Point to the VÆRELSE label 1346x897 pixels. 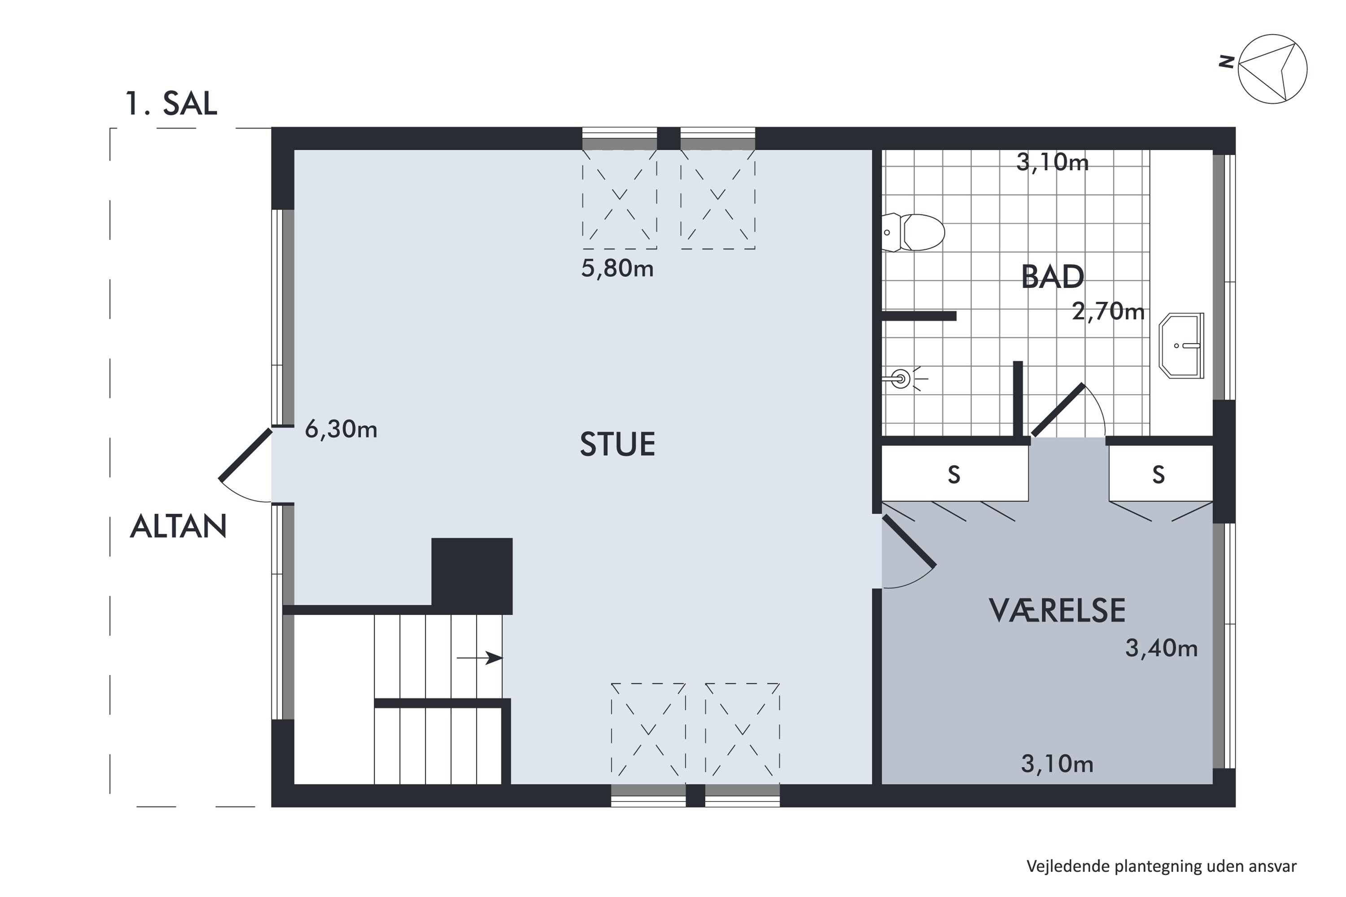pyautogui.click(x=1057, y=610)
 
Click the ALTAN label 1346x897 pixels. pyautogui.click(x=179, y=526)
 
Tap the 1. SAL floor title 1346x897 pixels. pyautogui.click(x=171, y=104)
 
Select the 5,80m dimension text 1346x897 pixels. pyautogui.click(x=617, y=268)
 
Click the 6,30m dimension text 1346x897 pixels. pyautogui.click(x=341, y=429)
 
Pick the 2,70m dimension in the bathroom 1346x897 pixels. pyautogui.click(x=1108, y=312)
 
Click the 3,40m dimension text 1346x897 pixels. pyautogui.click(x=1161, y=649)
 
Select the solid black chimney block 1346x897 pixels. pyautogui.click(x=472, y=575)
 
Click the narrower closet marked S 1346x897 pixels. pyautogui.click(x=1159, y=474)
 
